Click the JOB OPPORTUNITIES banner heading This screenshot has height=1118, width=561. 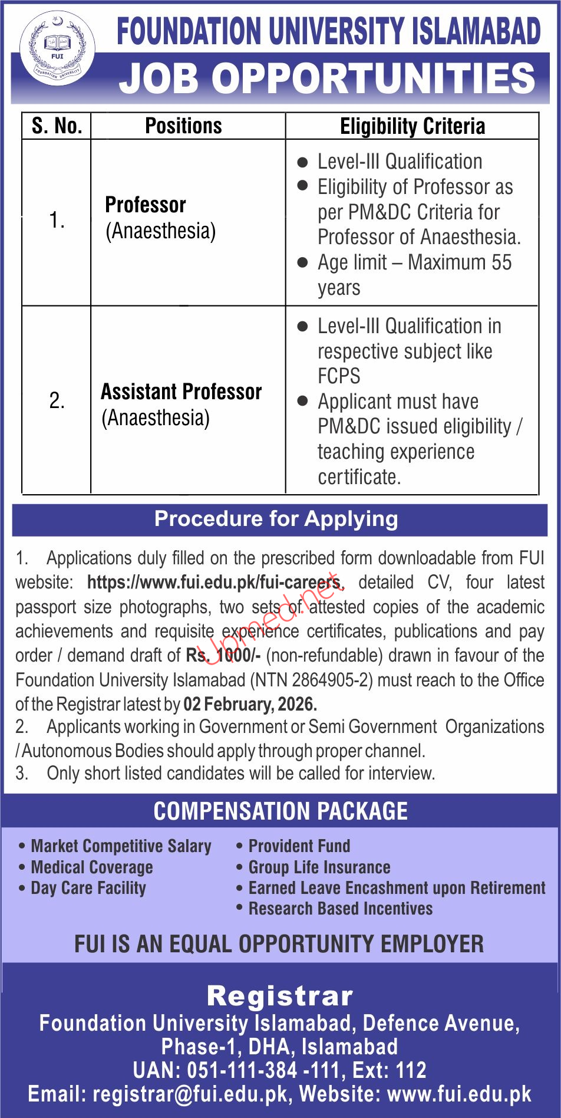coord(327,79)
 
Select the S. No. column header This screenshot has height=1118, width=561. coord(57,126)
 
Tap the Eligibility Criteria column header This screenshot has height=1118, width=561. coord(412,126)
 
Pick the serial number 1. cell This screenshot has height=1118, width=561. coord(57,221)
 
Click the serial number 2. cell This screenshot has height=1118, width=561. coord(57,401)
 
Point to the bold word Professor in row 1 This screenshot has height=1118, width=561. coord(146,205)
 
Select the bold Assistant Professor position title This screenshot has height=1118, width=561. coord(181,392)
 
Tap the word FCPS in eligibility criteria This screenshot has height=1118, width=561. coord(339,376)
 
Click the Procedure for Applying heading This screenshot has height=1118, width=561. coord(276,519)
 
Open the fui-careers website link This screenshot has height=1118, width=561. coord(214,583)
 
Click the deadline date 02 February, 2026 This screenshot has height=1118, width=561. coord(250,704)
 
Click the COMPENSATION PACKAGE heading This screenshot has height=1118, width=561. coord(280,811)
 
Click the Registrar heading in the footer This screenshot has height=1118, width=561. coord(280,996)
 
